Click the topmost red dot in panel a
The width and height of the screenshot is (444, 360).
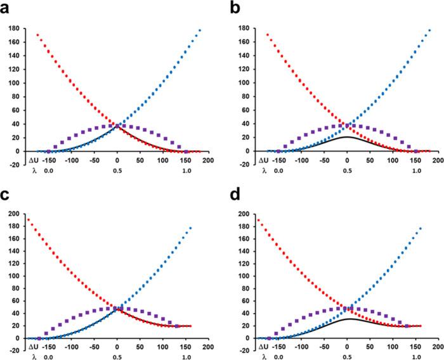click(37, 35)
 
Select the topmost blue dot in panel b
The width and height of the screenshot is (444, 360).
click(431, 29)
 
